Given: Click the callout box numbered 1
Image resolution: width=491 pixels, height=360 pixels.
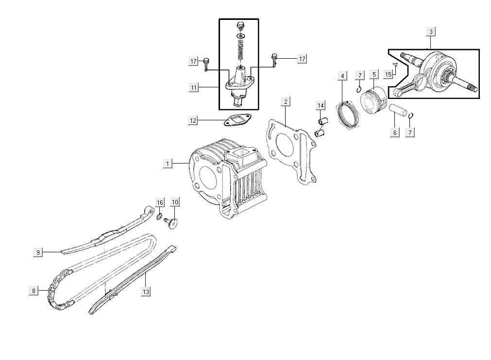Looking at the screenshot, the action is click(168, 164).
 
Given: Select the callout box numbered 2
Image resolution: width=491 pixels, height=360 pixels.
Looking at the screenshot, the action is click(286, 101).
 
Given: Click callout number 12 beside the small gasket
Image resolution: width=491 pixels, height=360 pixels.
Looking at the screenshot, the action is click(193, 120).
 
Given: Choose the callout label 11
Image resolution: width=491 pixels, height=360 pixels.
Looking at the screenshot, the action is click(193, 88).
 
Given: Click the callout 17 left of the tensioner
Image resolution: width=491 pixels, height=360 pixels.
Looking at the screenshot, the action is click(193, 61).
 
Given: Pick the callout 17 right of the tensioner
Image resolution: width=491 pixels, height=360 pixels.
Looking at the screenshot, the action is click(302, 59).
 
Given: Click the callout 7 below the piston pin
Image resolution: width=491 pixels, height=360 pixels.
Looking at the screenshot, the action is click(411, 132).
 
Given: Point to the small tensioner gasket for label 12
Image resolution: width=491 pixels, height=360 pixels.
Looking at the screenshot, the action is click(236, 120).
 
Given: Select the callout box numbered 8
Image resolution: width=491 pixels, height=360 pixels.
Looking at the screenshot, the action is click(34, 291).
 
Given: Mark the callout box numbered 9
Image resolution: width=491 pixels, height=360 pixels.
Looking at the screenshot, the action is click(38, 252).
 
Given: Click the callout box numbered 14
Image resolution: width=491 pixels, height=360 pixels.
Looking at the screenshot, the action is click(320, 105).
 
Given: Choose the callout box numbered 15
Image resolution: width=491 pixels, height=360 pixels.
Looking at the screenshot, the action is click(388, 74).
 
